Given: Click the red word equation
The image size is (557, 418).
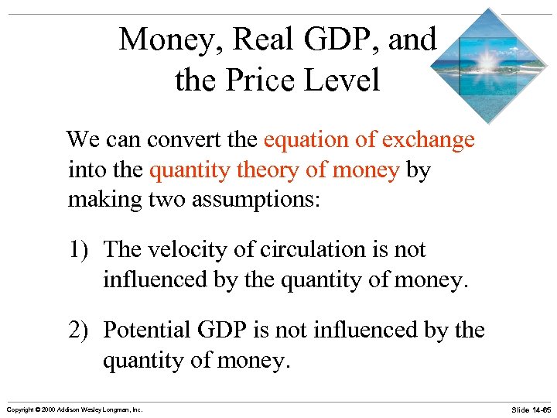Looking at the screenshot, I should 299,140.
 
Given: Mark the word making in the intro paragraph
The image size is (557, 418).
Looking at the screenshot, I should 103,200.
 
